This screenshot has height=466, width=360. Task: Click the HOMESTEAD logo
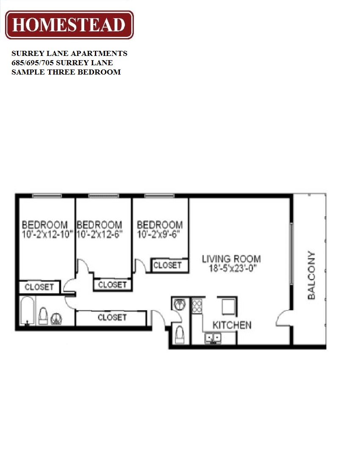click(69, 25)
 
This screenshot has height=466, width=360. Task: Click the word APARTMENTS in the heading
click(101, 54)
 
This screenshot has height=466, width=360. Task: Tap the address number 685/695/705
click(33, 63)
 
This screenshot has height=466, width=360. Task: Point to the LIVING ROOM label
click(231, 258)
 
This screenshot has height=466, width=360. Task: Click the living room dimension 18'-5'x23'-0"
click(231, 268)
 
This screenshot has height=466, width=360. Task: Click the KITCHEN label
click(232, 325)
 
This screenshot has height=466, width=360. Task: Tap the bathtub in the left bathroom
click(27, 311)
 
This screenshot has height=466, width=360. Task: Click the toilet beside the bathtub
click(43, 316)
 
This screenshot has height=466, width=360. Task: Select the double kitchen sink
click(213, 338)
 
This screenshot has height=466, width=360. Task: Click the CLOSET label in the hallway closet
click(112, 317)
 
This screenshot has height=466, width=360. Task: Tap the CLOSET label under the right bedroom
click(167, 265)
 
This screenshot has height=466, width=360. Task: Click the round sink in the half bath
click(179, 304)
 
